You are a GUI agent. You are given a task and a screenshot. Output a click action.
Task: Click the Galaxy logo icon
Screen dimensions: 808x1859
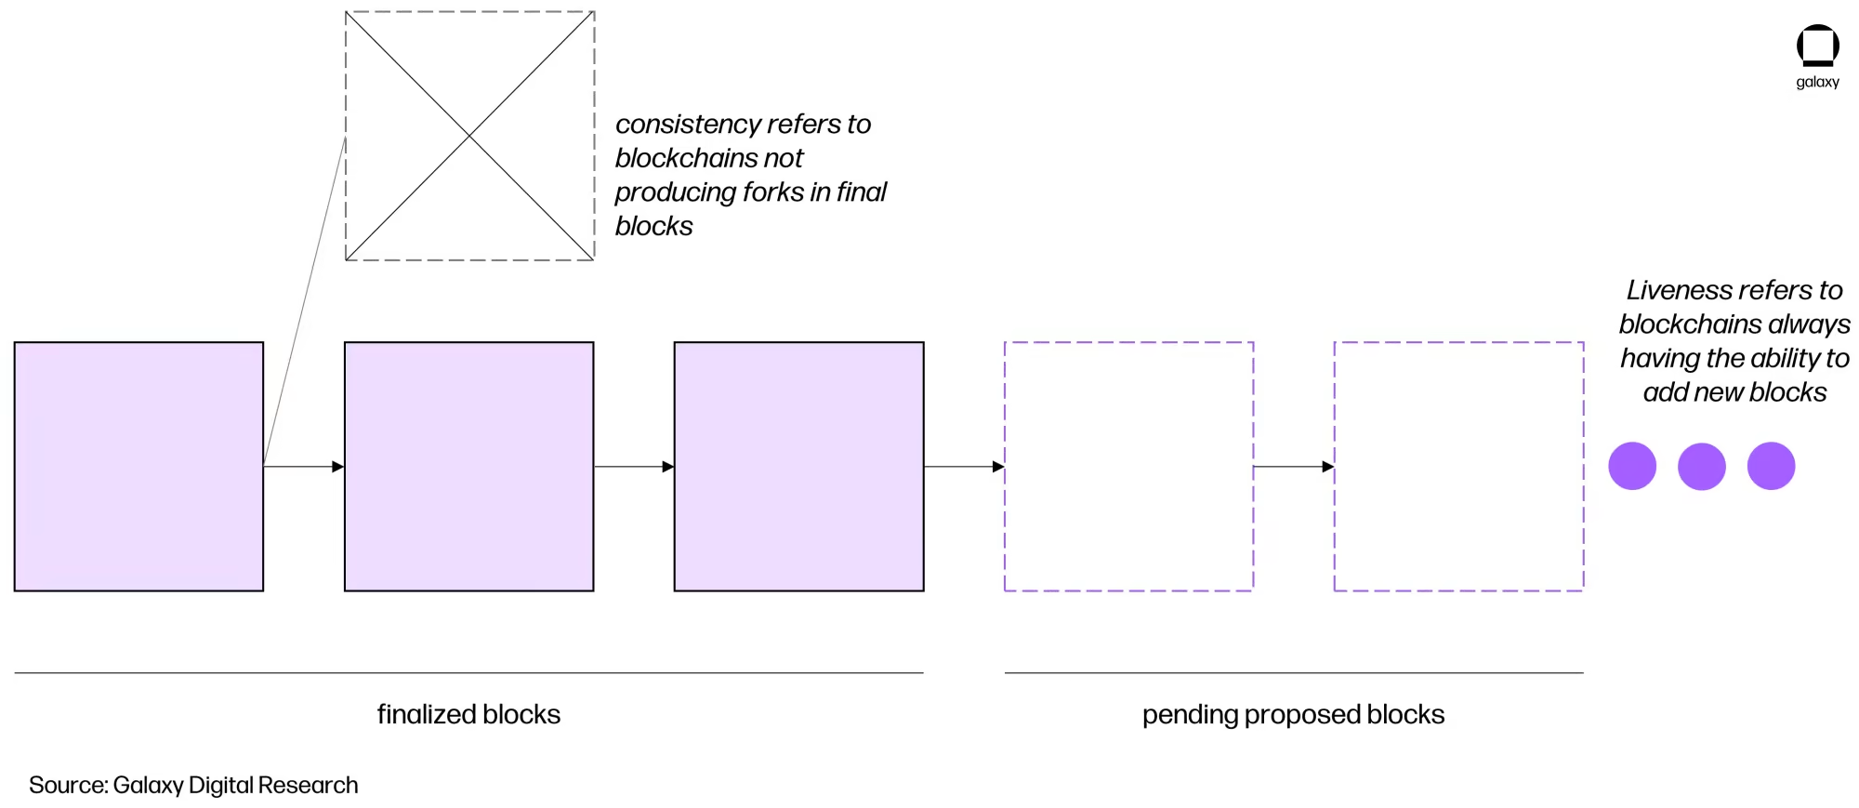point(1817,46)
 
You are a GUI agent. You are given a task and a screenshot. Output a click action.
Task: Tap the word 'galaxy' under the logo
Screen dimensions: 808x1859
point(1817,82)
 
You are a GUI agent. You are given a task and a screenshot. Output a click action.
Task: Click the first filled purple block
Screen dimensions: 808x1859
point(138,466)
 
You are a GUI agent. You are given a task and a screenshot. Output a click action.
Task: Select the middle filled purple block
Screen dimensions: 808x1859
point(468,466)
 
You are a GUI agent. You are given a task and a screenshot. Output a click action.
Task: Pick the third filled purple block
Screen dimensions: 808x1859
point(798,466)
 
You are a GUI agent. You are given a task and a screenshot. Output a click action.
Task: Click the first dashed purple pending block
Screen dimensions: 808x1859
point(1128,466)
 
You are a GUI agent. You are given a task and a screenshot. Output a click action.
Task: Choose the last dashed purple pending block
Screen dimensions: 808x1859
point(1458,466)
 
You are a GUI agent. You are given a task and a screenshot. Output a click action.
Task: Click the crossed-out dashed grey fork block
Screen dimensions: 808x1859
point(469,136)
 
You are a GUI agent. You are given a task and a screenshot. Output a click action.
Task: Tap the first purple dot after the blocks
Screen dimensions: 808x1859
point(1632,466)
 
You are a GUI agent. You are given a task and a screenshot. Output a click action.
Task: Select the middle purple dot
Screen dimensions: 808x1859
point(1701,466)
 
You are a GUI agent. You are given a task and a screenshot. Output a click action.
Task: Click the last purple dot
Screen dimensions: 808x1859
point(1771,466)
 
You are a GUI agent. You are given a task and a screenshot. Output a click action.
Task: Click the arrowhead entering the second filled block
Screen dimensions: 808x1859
point(338,467)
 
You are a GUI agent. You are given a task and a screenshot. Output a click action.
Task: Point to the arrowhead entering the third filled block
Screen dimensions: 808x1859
point(668,467)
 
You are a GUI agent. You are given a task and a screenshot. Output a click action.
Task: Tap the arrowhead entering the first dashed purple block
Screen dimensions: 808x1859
point(998,467)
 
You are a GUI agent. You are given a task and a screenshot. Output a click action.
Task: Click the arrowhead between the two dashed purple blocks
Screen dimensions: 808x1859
point(1328,467)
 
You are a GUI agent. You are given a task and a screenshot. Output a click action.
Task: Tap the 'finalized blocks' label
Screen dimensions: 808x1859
point(468,714)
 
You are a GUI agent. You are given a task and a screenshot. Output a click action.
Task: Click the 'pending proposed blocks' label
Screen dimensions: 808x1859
point(1293,714)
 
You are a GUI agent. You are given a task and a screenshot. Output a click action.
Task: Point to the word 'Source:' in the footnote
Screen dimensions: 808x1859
point(68,785)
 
